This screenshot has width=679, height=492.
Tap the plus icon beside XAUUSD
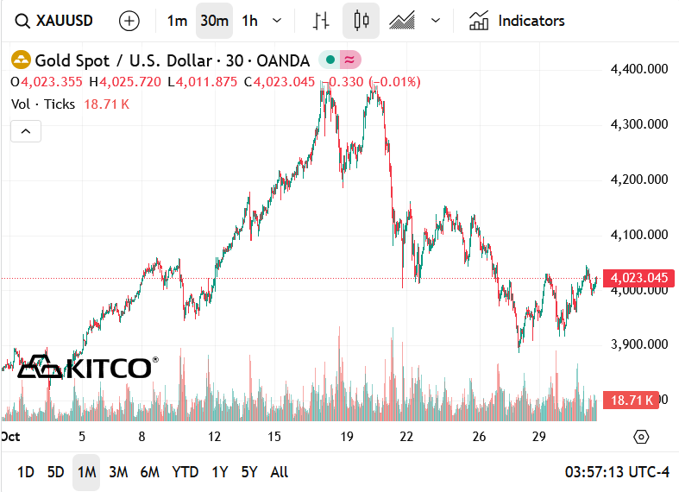click(x=129, y=21)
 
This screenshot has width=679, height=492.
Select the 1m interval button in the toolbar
click(x=177, y=21)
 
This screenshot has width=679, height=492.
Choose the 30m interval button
click(x=214, y=21)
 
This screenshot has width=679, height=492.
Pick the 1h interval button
click(x=249, y=21)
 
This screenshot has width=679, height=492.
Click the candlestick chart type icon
click(x=361, y=21)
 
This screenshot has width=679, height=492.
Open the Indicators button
click(x=517, y=21)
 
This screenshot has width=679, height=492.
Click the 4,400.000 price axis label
click(x=638, y=69)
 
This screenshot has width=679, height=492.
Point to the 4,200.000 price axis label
click(x=638, y=180)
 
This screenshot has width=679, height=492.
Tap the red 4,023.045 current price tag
click(x=638, y=278)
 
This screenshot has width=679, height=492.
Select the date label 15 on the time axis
click(x=274, y=437)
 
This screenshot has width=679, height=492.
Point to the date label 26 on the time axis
click(x=480, y=437)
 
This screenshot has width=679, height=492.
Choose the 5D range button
click(x=55, y=472)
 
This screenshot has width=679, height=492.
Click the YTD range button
click(x=185, y=472)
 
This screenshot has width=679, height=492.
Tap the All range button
click(x=280, y=472)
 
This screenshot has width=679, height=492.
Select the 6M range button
click(x=150, y=472)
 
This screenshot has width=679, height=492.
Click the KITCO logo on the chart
click(x=87, y=367)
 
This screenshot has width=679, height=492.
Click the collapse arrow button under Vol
click(x=26, y=131)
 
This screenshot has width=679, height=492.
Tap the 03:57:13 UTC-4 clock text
click(x=617, y=472)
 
